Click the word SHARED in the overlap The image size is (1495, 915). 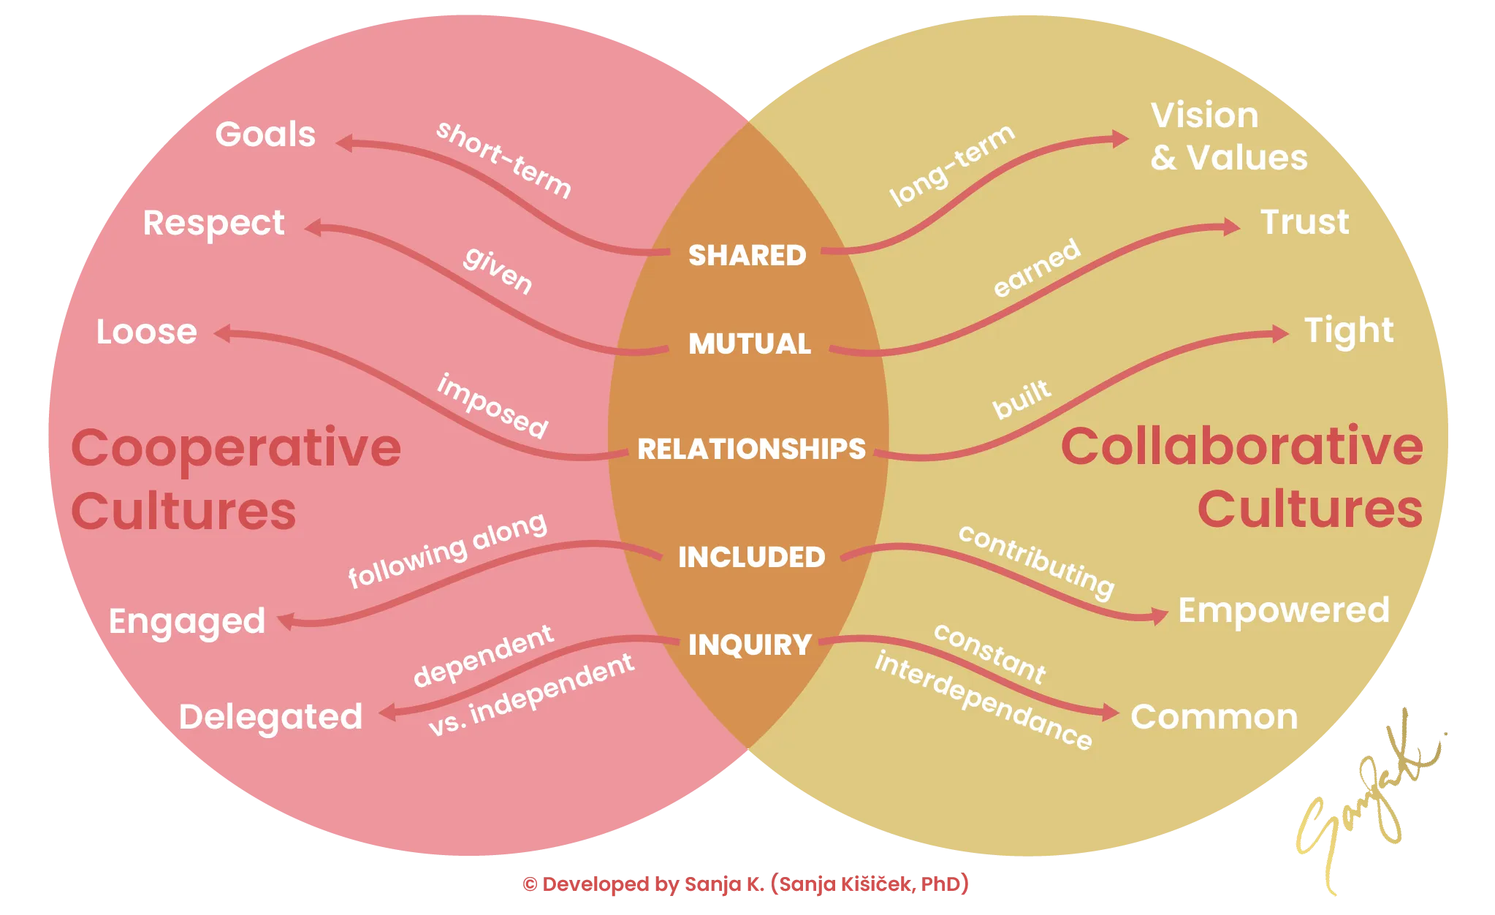coord(747,255)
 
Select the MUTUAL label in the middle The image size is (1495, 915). coord(750,343)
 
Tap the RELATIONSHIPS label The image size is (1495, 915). coord(751,449)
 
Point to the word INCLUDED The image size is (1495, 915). coord(751,557)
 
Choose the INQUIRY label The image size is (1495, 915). coord(750,645)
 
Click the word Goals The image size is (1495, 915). coord(265,134)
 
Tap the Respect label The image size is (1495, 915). coord(213,224)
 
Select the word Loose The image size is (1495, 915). coord(147,332)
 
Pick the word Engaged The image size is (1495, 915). coord(187,623)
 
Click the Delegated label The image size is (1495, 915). coord(270,717)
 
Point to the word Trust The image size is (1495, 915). coord(1305,222)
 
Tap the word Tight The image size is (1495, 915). coord(1349,331)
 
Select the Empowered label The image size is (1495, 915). coord(1284,610)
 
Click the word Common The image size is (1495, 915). coord(1214,717)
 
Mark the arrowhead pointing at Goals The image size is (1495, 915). coord(344,143)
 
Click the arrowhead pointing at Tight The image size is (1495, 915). coord(1280,334)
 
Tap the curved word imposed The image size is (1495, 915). coord(492,406)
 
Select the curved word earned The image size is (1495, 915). coord(1036,268)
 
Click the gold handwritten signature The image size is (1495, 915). coord(1366,797)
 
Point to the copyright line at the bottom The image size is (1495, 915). coord(745,884)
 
